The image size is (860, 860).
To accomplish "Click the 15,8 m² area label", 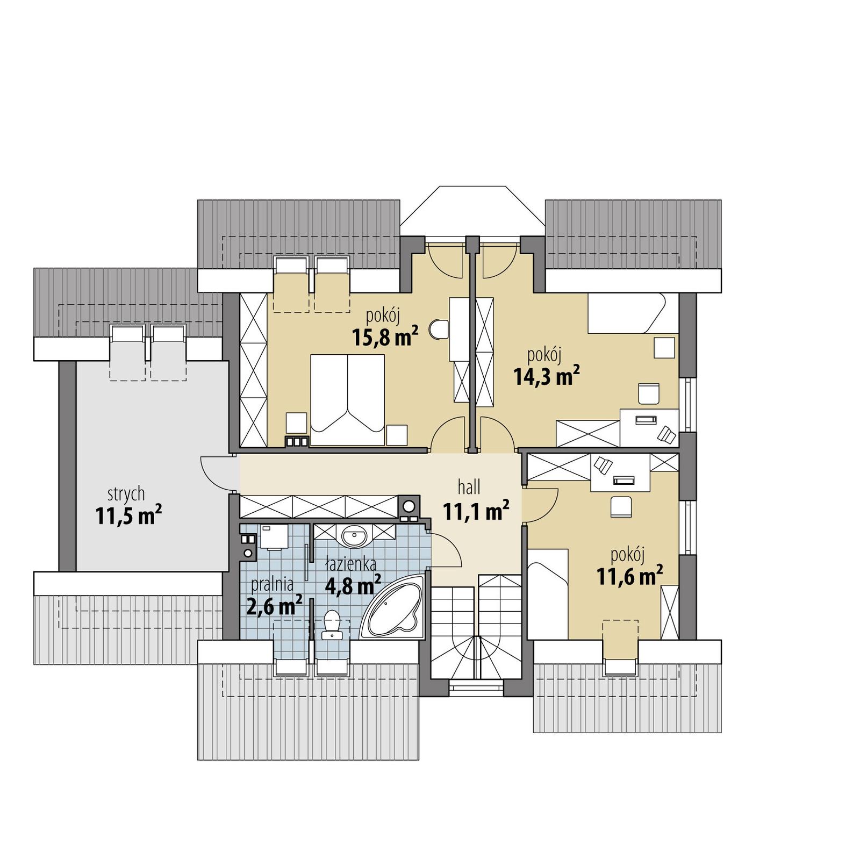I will [384, 337].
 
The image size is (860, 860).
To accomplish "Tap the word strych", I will [126, 493].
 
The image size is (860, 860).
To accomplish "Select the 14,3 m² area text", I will [546, 376].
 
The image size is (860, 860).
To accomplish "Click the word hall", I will [469, 488].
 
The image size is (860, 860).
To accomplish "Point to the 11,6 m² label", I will [629, 577].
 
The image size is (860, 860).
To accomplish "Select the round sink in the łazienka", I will [354, 535].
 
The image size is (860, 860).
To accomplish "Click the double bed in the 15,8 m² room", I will [348, 399].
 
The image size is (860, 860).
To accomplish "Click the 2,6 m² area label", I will [274, 606].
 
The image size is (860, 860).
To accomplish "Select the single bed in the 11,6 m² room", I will [548, 593].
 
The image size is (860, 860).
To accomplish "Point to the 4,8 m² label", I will [353, 585].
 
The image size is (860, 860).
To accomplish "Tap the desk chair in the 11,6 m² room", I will [621, 507].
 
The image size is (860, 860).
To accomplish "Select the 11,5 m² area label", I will [128, 515].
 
